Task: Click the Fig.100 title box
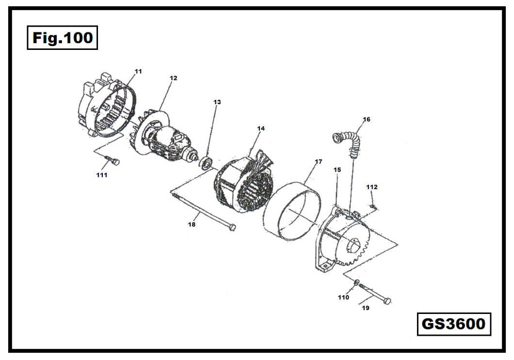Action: [x=62, y=38]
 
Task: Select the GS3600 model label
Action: [x=453, y=324]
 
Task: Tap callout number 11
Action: [x=138, y=71]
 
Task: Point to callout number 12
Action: [x=173, y=78]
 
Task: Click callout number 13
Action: [x=217, y=102]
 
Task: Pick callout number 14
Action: [x=261, y=128]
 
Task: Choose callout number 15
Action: [x=337, y=170]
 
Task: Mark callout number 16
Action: [x=367, y=119]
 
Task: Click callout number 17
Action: [x=318, y=162]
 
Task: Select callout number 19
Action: [x=365, y=307]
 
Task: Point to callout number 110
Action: [x=343, y=297]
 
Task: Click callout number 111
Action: [x=101, y=175]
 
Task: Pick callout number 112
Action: [x=372, y=187]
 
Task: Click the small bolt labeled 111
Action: [x=112, y=161]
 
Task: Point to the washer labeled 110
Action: [x=356, y=282]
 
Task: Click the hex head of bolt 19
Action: [x=387, y=301]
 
